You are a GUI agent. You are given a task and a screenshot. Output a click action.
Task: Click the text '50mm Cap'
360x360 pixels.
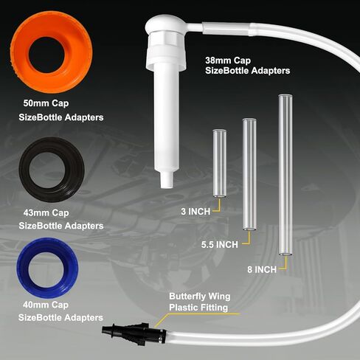point(46,103)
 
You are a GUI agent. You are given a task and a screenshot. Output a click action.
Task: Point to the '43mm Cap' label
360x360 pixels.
point(46,212)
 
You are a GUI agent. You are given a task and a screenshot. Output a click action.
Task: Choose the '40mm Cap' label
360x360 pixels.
point(46,305)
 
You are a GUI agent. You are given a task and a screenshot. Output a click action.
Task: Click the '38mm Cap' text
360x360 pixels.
point(228,60)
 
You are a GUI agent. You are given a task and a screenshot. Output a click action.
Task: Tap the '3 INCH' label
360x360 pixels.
point(195,212)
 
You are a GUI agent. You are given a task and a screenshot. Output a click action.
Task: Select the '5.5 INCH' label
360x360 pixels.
point(220,245)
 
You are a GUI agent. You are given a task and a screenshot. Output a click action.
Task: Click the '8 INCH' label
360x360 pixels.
point(262,269)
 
